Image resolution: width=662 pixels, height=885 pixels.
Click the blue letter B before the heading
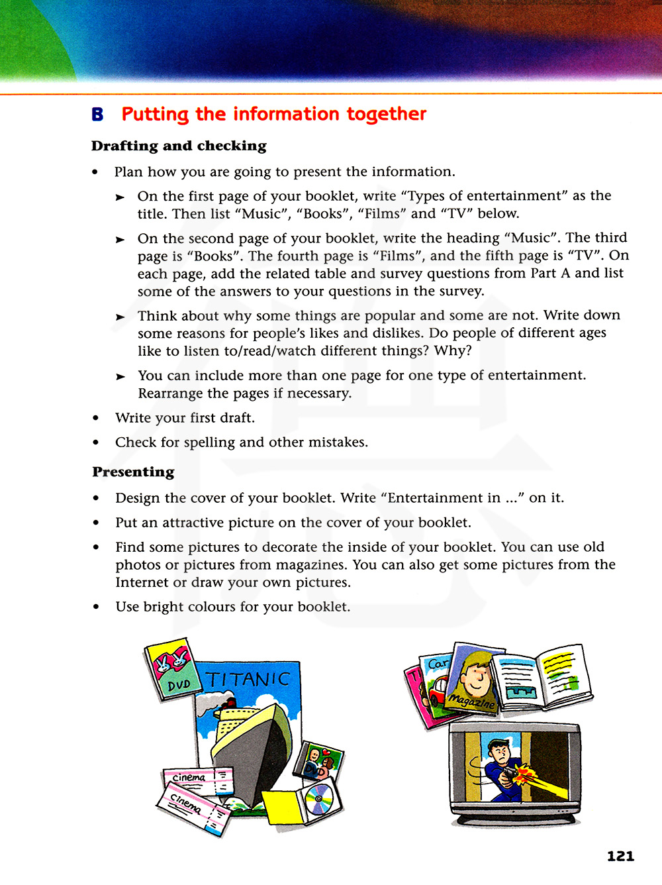tap(97, 115)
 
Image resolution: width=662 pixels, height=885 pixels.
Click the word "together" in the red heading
tap(387, 115)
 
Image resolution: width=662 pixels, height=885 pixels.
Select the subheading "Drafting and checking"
tap(179, 146)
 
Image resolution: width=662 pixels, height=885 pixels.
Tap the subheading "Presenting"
tap(133, 472)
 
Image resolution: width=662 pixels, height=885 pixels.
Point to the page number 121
tap(620, 856)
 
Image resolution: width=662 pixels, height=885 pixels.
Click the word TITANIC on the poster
tap(248, 680)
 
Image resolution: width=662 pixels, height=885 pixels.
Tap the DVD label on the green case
tap(179, 685)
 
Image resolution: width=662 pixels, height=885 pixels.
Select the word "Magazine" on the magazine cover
tap(471, 701)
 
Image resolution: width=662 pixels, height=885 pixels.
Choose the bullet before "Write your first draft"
tap(96, 418)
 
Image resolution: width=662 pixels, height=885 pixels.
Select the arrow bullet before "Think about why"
tap(120, 317)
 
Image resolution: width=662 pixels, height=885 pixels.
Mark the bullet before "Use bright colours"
tap(96, 607)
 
